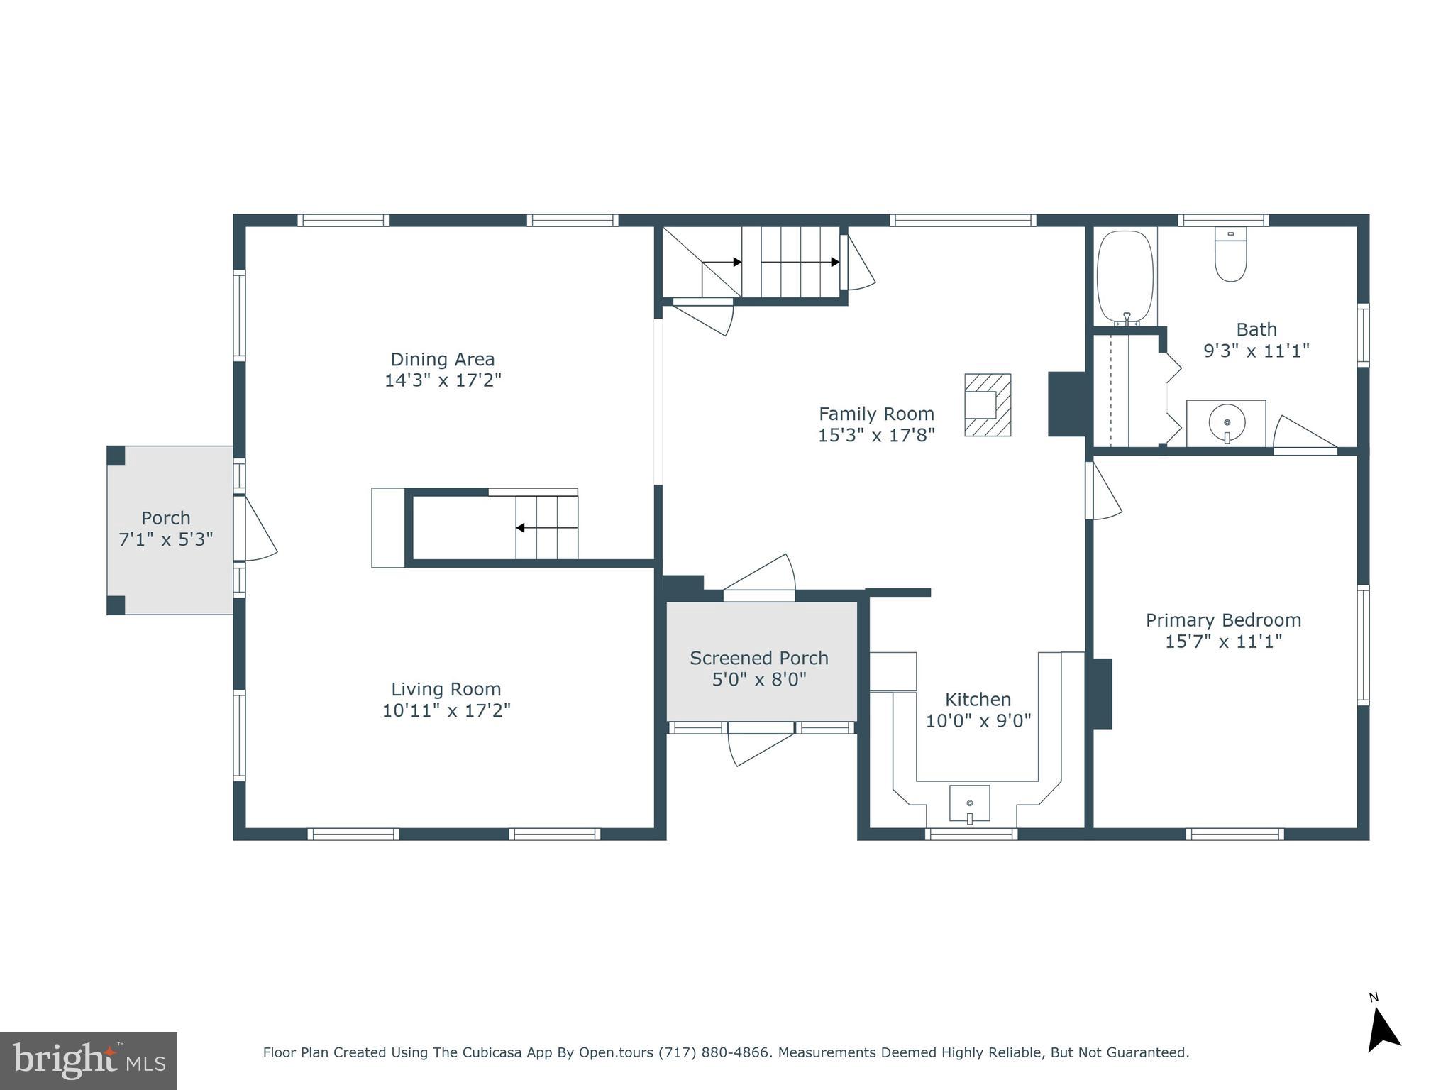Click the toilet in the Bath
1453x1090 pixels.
tap(1230, 255)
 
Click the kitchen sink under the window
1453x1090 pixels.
tap(969, 803)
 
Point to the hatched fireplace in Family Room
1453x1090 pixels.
tap(987, 404)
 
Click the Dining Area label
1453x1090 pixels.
tap(443, 359)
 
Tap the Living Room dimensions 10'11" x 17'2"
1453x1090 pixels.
tap(446, 710)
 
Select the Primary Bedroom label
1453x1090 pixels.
tap(1223, 620)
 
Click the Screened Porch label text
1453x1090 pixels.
tap(759, 658)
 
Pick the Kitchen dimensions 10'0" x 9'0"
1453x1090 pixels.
tap(978, 721)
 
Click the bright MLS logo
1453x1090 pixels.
tap(89, 1060)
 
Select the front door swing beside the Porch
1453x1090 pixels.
tap(255, 529)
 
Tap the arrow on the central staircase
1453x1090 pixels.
tap(521, 528)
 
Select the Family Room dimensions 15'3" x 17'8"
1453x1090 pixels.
tap(876, 435)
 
